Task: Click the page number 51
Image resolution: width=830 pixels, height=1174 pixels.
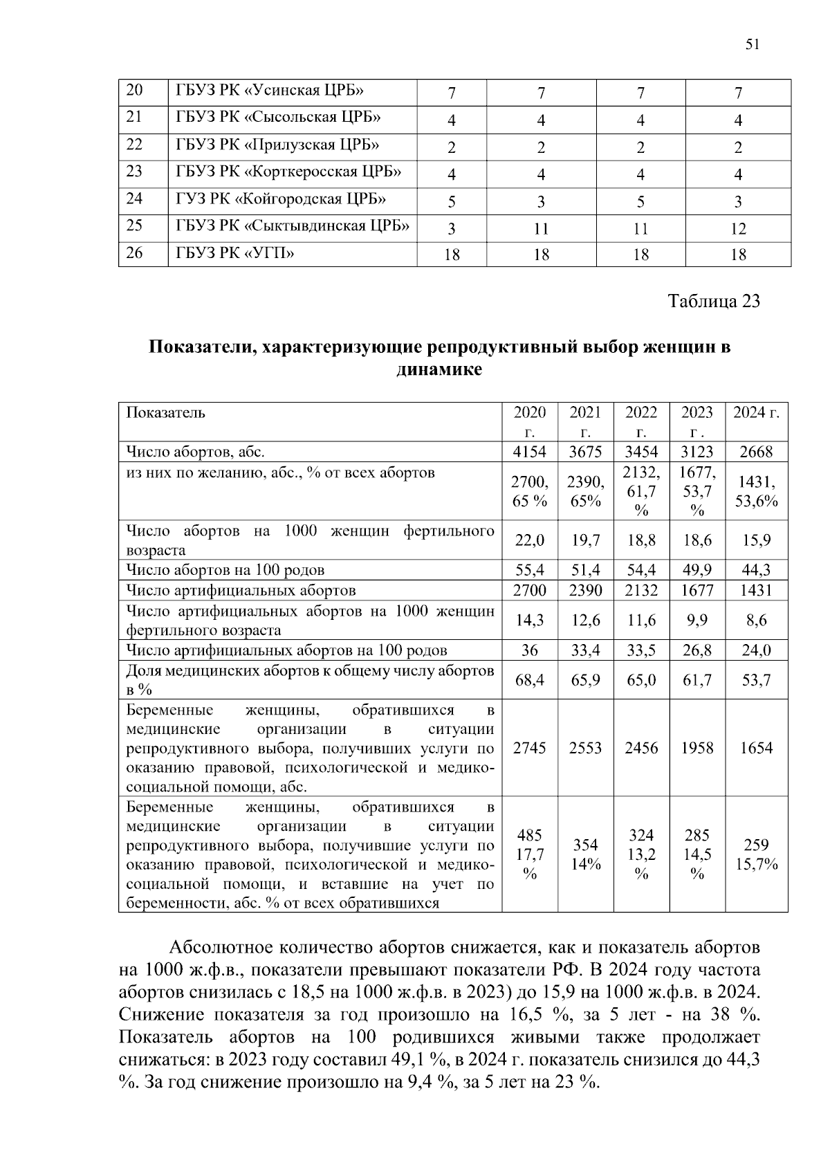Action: pyautogui.click(x=753, y=45)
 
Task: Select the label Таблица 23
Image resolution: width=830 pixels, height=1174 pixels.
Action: pyautogui.click(x=713, y=302)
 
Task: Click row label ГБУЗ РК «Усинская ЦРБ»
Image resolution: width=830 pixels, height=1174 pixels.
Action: pyautogui.click(x=270, y=90)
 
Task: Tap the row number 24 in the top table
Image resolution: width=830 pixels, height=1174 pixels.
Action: pyautogui.click(x=135, y=199)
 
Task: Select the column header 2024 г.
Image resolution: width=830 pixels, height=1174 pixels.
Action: pyautogui.click(x=756, y=413)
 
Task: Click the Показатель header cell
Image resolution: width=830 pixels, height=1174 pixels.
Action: pyautogui.click(x=165, y=413)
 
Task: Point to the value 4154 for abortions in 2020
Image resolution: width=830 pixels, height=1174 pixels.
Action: pyautogui.click(x=530, y=452)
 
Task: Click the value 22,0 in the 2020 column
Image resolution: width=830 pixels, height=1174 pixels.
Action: pyautogui.click(x=530, y=540)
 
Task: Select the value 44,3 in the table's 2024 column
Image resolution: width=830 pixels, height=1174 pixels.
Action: pyautogui.click(x=756, y=571)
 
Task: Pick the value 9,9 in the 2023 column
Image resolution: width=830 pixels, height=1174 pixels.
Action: pyautogui.click(x=697, y=621)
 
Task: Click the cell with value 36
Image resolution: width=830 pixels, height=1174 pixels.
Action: pyautogui.click(x=530, y=651)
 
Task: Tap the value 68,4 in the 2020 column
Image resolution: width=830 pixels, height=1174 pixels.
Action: pyautogui.click(x=530, y=681)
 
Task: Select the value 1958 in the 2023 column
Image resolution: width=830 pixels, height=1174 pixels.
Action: pyautogui.click(x=697, y=749)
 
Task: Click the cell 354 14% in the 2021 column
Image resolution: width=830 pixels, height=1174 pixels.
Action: pyautogui.click(x=585, y=854)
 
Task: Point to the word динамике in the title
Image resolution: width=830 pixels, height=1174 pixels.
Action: pyautogui.click(x=439, y=370)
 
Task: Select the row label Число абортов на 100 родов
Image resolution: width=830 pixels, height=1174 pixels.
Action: pyautogui.click(x=225, y=571)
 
